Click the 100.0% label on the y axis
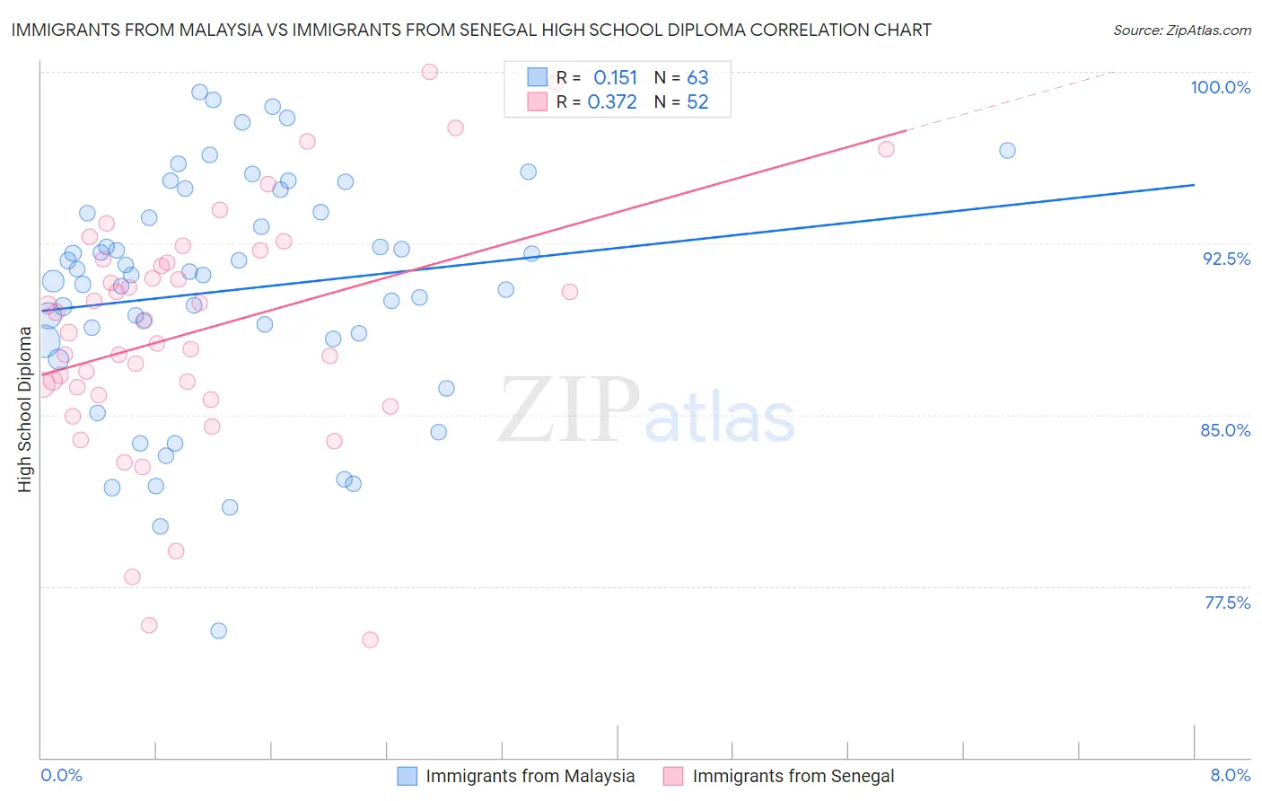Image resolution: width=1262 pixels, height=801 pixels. [1220, 87]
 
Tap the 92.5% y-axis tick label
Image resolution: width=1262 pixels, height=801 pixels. [1226, 259]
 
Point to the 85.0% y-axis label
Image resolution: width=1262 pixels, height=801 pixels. [1225, 430]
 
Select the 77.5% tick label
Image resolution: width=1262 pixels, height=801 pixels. [1227, 603]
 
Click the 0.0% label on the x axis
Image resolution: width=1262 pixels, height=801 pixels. [61, 775]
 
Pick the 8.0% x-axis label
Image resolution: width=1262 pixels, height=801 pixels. [1230, 775]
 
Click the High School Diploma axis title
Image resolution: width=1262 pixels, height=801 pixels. [25, 409]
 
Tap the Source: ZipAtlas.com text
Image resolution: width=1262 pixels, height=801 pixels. [1181, 30]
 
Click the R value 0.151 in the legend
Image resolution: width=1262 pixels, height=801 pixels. [615, 78]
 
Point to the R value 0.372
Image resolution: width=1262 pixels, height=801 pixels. [612, 102]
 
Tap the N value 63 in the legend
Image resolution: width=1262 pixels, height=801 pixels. [697, 78]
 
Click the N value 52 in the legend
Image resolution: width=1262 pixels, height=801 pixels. [697, 102]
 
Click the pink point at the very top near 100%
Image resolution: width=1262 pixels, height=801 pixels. [430, 72]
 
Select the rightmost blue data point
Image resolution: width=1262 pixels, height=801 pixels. [1007, 151]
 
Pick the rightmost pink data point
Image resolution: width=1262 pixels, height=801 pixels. [886, 149]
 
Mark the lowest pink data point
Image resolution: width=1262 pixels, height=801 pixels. [370, 640]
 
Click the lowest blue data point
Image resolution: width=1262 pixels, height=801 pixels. [218, 631]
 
